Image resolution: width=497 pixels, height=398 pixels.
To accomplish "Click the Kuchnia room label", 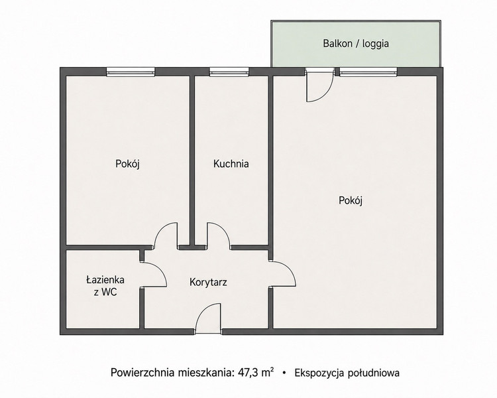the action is [231, 164].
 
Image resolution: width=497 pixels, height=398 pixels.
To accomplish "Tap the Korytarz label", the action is [208, 282].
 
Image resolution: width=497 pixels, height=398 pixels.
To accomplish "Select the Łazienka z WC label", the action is [105, 286].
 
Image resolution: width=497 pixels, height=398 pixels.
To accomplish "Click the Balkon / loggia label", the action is [356, 43].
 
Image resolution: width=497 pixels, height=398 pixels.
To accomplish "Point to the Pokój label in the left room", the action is [127, 164].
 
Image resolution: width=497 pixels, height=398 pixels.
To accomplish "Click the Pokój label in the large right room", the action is [351, 200].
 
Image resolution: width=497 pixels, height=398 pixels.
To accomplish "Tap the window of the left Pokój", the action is [131, 72].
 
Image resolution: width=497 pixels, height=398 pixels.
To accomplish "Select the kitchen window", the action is [229, 72].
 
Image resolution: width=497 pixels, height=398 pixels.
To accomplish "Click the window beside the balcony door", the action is [368, 72].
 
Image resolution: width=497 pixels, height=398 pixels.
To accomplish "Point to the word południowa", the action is [373, 373].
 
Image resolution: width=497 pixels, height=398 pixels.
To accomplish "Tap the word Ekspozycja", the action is [319, 373].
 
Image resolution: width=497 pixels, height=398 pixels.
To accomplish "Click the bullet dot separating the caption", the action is [284, 373].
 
